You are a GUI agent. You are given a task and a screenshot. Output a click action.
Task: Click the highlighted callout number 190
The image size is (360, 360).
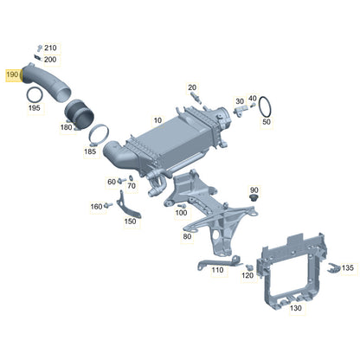[12, 74]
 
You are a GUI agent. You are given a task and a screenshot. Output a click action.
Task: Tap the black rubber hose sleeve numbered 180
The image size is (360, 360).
[79, 114]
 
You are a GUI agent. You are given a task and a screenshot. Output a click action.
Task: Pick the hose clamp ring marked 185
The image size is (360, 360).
[99, 134]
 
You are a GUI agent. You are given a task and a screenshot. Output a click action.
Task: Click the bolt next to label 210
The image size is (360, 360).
[40, 48]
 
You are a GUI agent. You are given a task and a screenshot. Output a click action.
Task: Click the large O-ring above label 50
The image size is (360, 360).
[265, 106]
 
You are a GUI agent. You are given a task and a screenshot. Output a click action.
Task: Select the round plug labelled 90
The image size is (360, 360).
[254, 198]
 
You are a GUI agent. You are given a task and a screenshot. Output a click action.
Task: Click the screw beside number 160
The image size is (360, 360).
[108, 205]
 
